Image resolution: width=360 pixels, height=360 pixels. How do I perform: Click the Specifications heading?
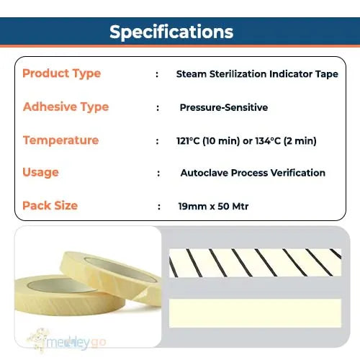pyautogui.click(x=171, y=32)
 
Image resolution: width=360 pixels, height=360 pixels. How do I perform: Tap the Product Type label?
pyautogui.click(x=61, y=73)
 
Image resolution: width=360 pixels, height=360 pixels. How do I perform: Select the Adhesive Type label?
pyautogui.click(x=66, y=107)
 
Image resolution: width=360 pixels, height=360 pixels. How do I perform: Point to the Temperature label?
pyautogui.click(x=60, y=140)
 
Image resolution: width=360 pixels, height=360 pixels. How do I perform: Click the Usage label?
pyautogui.click(x=40, y=173)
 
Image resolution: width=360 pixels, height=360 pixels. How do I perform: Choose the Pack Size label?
pyautogui.click(x=50, y=206)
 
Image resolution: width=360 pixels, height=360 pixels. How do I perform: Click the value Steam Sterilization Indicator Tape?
pyautogui.click(x=256, y=74)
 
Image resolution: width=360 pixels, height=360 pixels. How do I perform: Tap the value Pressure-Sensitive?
pyautogui.click(x=223, y=107)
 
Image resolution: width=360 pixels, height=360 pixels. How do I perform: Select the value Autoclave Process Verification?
pyautogui.click(x=253, y=173)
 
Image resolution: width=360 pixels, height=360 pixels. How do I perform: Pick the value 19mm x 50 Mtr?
pyautogui.click(x=212, y=206)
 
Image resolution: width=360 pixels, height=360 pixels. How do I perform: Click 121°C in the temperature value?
pyautogui.click(x=189, y=140)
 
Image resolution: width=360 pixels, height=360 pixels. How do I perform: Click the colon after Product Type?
pyautogui.click(x=157, y=74)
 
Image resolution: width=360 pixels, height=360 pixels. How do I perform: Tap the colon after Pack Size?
pyautogui.click(x=159, y=207)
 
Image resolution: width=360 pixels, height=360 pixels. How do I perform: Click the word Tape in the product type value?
pyautogui.click(x=325, y=74)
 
